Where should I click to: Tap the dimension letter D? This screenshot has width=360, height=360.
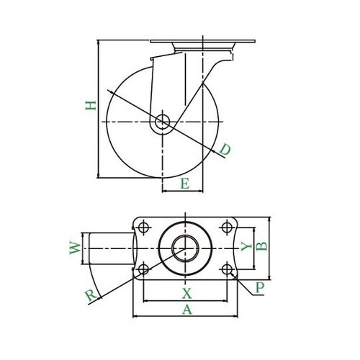coord(225,150)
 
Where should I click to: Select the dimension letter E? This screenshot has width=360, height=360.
coord(184,185)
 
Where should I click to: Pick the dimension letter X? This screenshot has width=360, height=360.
coord(186,293)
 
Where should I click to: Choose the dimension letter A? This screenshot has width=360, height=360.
coord(186,310)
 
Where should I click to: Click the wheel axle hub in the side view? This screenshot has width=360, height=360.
coord(163,122)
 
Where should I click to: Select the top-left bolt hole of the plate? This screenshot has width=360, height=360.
coord(143,228)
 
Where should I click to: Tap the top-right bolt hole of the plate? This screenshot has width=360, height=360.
coord(228,228)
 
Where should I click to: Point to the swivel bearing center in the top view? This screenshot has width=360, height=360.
coord(186,248)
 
